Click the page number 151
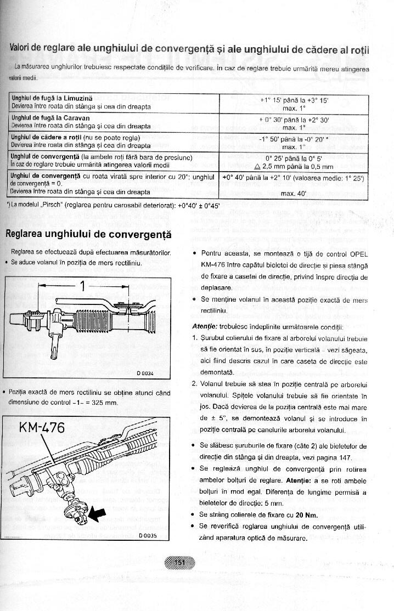click(x=179, y=562)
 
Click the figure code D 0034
click(x=147, y=374)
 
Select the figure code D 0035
click(x=148, y=536)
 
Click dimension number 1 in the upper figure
click(x=83, y=286)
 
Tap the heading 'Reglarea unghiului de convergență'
click(x=88, y=235)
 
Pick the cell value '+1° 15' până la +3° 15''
click(x=294, y=100)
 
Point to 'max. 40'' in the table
click(x=294, y=193)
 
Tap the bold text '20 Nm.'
click(x=307, y=515)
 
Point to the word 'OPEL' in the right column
click(x=357, y=254)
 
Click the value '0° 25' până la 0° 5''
click(x=294, y=158)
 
